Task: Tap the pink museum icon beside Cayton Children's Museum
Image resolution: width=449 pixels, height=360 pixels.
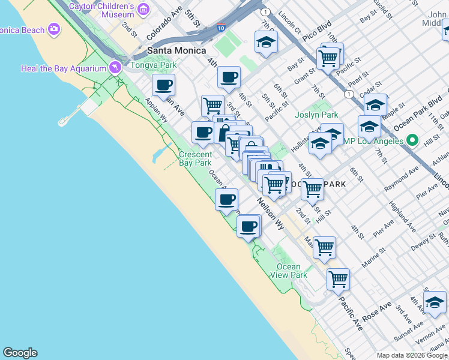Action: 143,9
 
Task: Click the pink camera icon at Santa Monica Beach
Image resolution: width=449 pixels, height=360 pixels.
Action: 55,29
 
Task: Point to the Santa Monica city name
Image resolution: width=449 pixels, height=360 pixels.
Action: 176,51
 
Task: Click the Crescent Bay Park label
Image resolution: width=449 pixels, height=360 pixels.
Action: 195,158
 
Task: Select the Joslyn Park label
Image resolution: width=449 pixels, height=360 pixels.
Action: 316,115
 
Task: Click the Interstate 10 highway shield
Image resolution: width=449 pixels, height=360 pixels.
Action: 221,28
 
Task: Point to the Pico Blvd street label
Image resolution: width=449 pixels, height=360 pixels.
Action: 317,28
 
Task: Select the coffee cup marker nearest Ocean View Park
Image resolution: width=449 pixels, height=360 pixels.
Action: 249,227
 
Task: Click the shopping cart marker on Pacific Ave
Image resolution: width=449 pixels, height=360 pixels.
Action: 339,279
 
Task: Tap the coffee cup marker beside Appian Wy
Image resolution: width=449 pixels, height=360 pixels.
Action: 163,85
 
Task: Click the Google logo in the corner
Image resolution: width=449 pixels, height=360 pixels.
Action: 20,353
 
